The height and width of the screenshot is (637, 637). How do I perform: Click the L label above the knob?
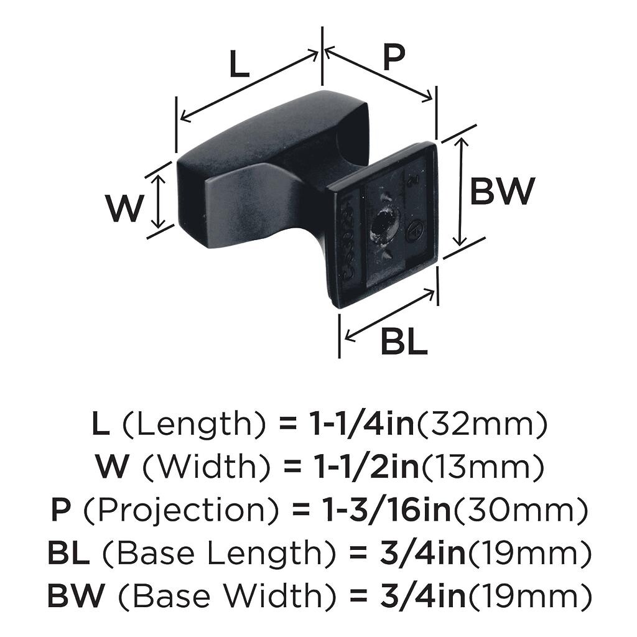239,64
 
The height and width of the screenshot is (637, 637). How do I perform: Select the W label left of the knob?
124,208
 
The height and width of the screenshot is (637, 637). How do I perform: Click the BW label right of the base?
501,191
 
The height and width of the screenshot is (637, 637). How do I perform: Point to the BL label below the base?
404,342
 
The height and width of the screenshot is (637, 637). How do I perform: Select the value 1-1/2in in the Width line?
367,467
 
